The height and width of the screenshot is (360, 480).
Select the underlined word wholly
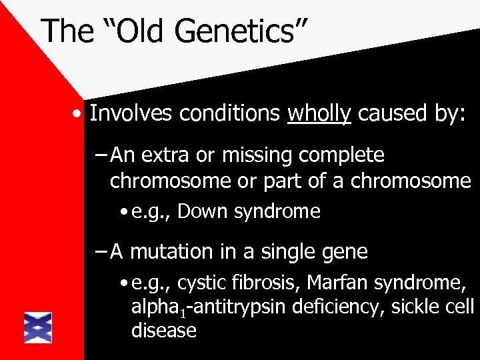(x=319, y=114)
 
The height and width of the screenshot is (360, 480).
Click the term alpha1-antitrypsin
(x=201, y=308)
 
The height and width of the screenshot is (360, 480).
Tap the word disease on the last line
(x=163, y=330)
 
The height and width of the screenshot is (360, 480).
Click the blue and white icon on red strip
(x=38, y=327)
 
